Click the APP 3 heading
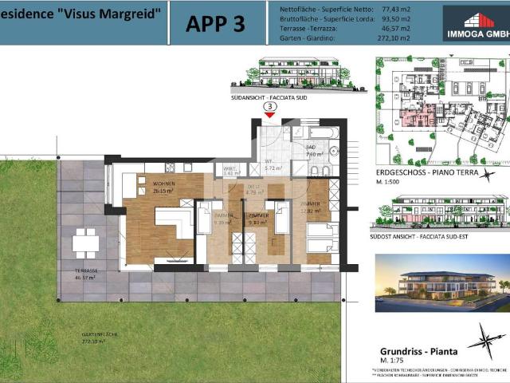click(215, 23)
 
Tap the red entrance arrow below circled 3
click(270, 114)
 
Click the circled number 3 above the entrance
click(270, 105)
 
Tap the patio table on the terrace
click(85, 243)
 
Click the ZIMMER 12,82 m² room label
click(311, 207)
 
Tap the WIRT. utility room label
click(231, 169)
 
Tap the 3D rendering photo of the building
click(440, 283)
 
